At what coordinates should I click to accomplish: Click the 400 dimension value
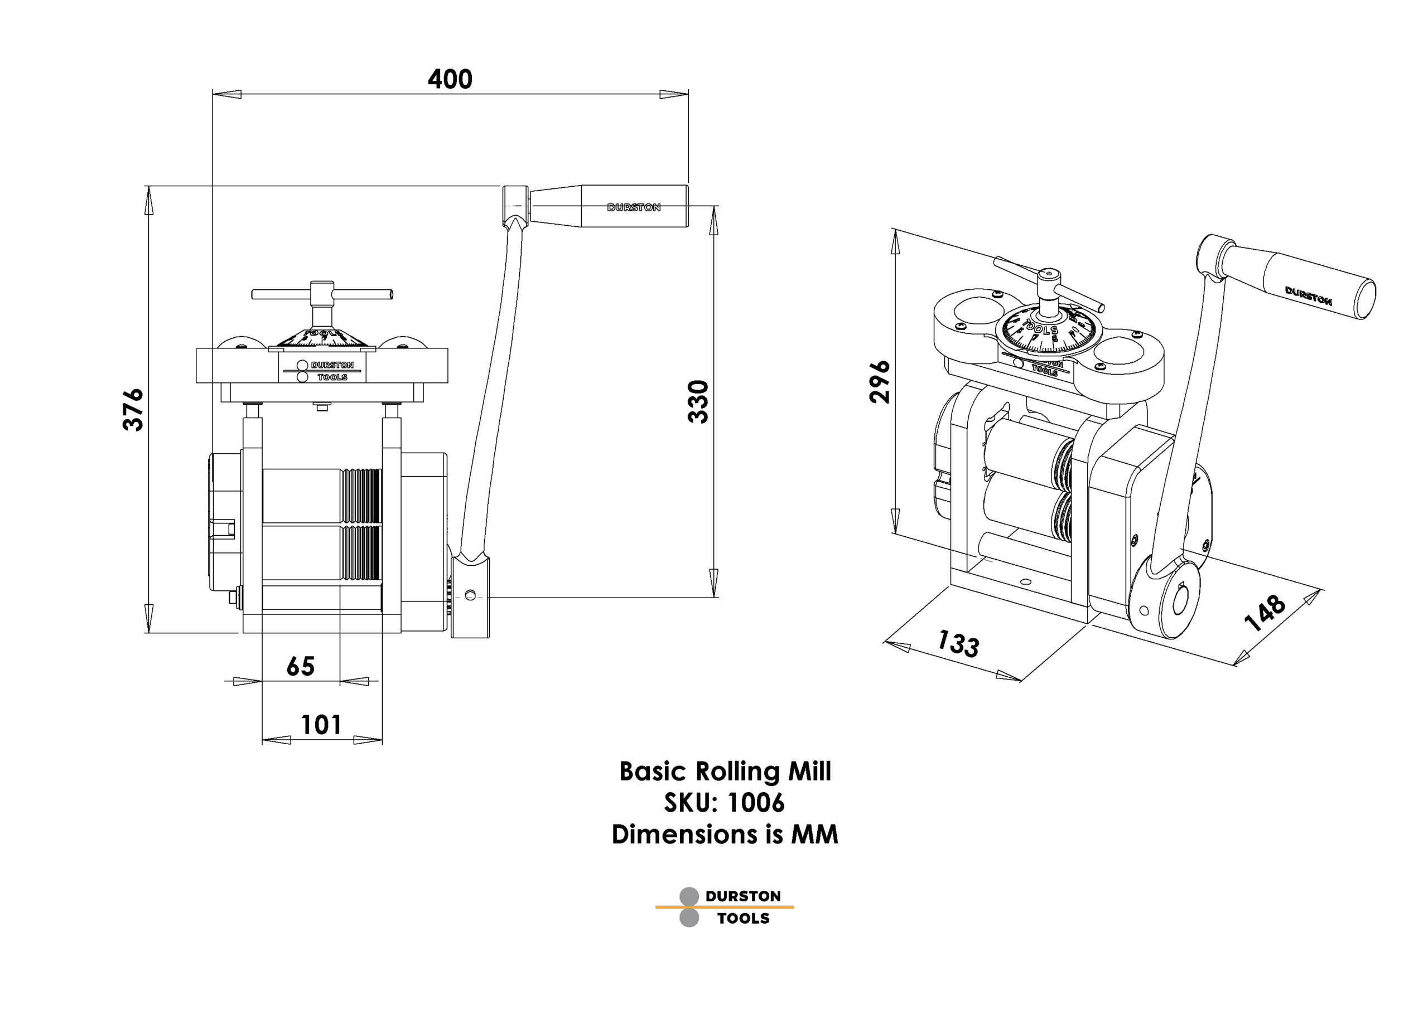(450, 79)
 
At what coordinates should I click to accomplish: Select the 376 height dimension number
(133, 410)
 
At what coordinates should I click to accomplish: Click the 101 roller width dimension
(321, 725)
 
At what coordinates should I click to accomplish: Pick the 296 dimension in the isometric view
(880, 382)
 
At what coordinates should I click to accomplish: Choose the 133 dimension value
(958, 643)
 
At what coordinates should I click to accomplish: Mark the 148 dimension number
(1265, 612)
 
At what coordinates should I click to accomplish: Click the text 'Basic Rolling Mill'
(725, 772)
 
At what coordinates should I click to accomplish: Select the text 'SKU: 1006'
(725, 803)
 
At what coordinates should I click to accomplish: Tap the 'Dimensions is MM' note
(725, 835)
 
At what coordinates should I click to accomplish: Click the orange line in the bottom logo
(725, 907)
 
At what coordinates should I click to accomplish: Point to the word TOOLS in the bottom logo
(742, 918)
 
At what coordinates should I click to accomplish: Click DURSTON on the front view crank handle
(633, 207)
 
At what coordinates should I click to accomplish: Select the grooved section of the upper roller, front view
(361, 496)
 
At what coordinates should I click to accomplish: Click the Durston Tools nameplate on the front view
(322, 371)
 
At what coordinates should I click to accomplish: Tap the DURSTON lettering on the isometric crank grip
(1308, 297)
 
